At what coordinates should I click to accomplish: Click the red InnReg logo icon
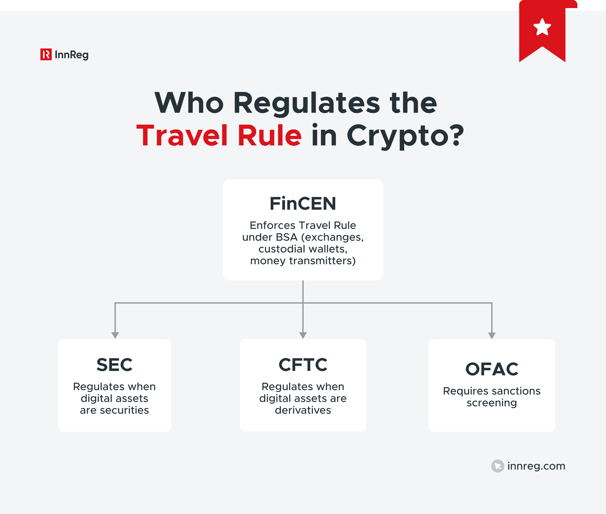coord(46,55)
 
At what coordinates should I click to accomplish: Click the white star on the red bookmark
coord(542,27)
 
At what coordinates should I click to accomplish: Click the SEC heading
coord(115,365)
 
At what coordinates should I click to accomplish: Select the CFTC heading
coord(303,365)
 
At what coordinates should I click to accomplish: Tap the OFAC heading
coord(492,369)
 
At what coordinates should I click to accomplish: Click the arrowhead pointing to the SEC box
coord(115,335)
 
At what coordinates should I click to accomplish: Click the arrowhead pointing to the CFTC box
coord(303,335)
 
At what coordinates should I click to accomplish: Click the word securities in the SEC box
coord(124,410)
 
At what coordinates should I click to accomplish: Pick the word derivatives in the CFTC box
coord(303,410)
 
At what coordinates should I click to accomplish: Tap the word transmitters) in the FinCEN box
coord(322,261)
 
